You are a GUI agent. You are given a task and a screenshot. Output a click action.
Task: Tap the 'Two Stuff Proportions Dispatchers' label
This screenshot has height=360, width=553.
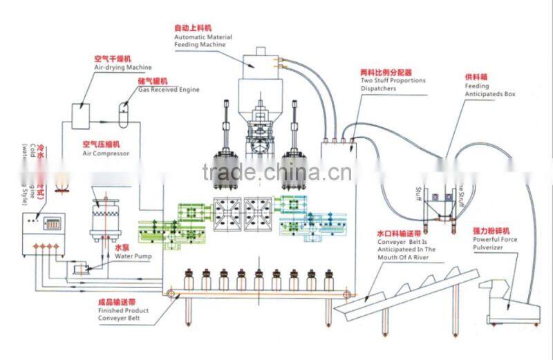[x=393, y=84]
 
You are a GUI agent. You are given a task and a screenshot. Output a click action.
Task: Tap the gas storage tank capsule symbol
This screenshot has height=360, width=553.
[x=124, y=113]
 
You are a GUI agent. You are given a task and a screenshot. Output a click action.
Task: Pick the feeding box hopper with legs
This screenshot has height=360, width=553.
[x=439, y=203]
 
